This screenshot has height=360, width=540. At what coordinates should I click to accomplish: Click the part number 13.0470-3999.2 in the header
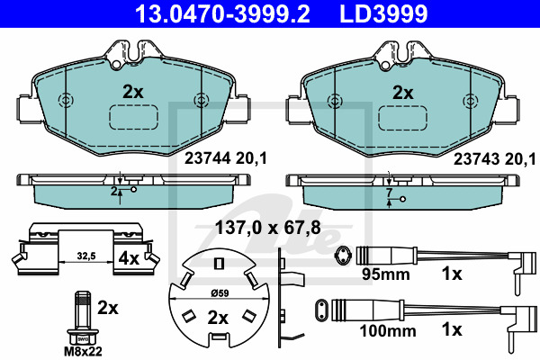point(222,13)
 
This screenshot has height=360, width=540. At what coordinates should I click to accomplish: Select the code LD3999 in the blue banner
point(383,13)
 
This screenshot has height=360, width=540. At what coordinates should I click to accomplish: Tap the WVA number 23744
point(207,158)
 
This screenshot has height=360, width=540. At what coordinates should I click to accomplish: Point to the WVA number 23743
point(476,159)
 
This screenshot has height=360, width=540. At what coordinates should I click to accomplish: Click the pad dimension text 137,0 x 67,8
point(267,228)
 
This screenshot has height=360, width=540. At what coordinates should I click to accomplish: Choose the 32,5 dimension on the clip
point(86,256)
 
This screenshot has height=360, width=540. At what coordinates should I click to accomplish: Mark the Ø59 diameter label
point(220,293)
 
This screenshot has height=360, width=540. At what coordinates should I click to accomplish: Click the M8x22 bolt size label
point(83,351)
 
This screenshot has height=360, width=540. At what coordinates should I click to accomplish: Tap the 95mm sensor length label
point(385,274)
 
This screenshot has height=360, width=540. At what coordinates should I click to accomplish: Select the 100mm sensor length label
point(387,331)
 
